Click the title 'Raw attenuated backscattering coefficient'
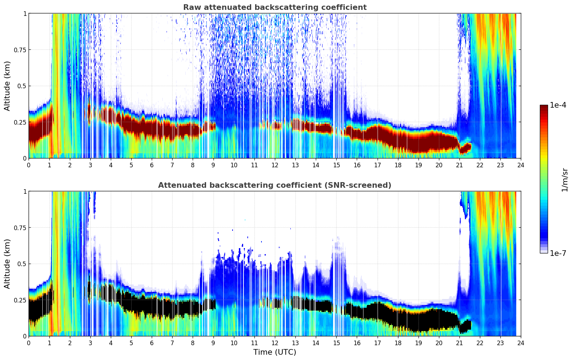275,7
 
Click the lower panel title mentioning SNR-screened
275,185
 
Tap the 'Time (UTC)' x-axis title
275,352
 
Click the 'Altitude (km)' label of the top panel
7,86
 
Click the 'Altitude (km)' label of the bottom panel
7,264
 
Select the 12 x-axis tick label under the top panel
275,165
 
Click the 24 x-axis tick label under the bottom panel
520,343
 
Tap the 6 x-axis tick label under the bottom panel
152,343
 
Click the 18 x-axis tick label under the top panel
398,165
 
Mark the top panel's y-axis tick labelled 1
25,13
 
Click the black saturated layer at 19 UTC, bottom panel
418,319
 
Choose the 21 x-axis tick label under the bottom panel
459,343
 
